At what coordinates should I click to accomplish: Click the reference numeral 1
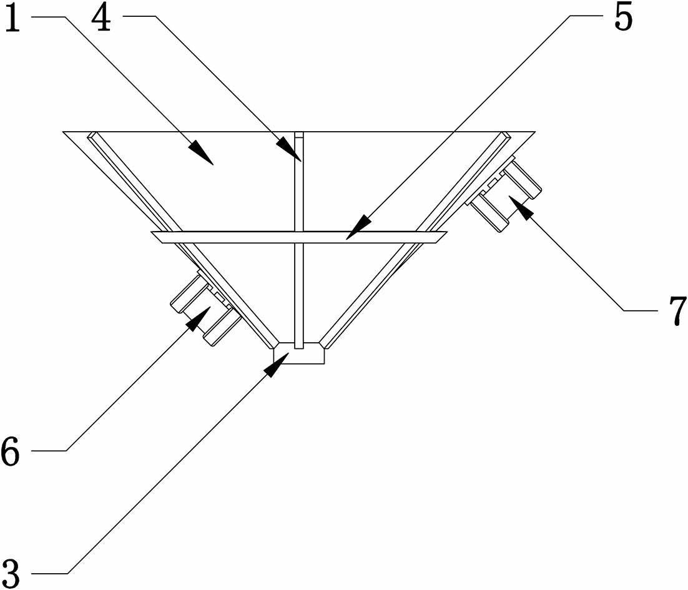pos(12,17)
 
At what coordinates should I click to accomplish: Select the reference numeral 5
pos(623,17)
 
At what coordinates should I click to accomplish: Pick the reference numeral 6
pos(11,451)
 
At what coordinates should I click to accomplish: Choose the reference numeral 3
pos(11,573)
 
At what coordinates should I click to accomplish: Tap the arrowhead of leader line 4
pos(290,149)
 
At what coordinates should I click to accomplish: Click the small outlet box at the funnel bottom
pos(299,353)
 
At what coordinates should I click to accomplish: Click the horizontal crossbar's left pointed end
pos(151,232)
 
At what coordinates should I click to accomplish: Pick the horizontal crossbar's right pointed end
pos(447,232)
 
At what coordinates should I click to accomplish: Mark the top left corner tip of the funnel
pos(63,132)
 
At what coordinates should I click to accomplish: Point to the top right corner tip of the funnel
pos(535,132)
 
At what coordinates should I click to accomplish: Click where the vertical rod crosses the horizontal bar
pos(299,237)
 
